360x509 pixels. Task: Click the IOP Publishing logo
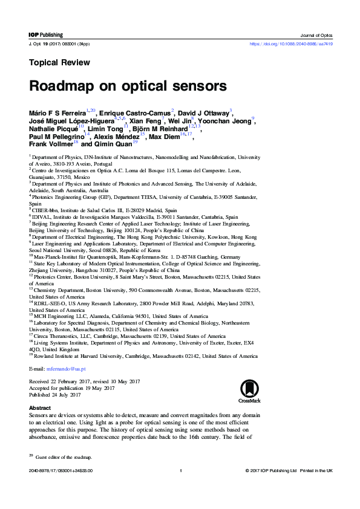pos(45,36)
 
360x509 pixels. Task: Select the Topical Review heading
pos(59,62)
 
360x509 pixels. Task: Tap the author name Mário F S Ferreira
pos(57,112)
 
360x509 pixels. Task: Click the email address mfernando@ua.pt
pos(66,368)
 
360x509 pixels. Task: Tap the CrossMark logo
pos(250,391)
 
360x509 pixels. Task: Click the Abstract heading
pos(40,408)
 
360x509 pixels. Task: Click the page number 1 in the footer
pos(180,487)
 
